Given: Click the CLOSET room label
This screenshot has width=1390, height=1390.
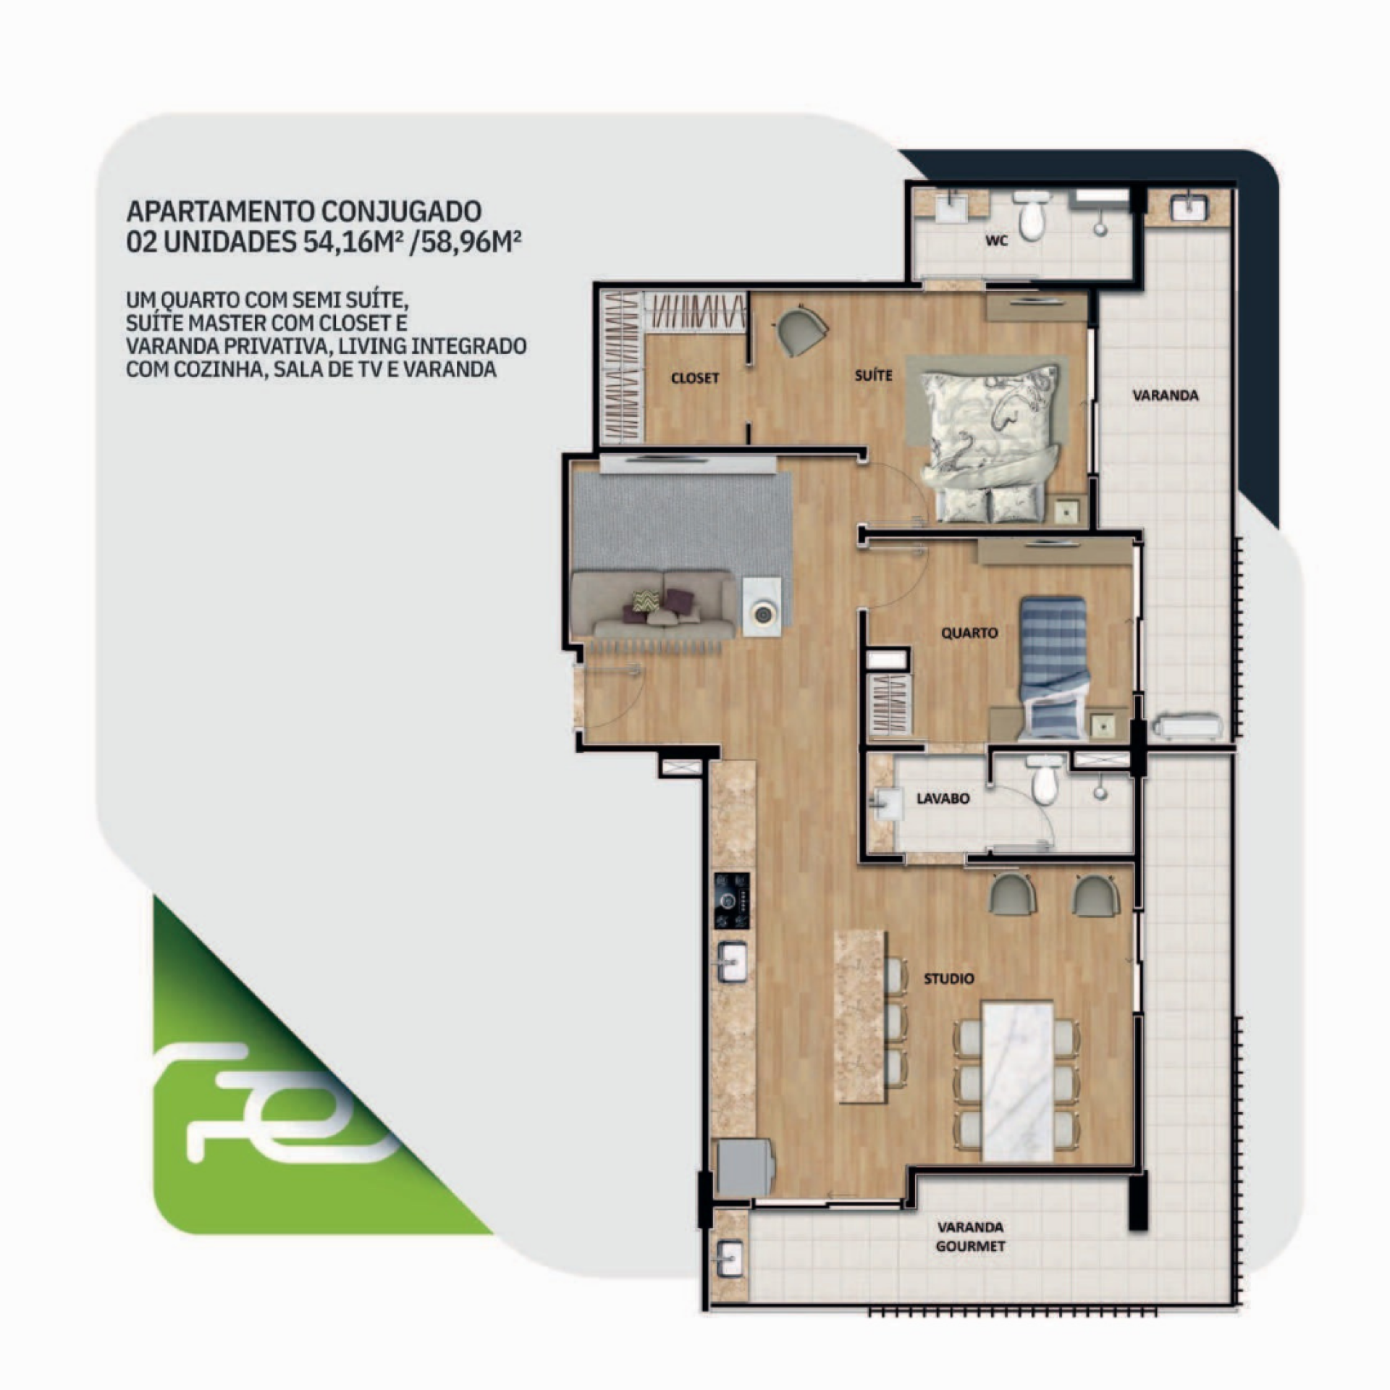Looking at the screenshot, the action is (695, 378).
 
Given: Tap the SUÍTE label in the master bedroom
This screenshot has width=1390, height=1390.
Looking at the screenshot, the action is (873, 375).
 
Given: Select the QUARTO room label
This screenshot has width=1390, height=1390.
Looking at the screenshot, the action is (969, 633).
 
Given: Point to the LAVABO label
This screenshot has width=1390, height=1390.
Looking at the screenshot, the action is (943, 799).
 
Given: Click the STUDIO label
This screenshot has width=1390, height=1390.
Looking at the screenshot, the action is (948, 979).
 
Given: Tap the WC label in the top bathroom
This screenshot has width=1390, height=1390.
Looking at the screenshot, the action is (996, 241).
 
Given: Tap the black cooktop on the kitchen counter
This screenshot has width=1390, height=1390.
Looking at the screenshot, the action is (732, 901).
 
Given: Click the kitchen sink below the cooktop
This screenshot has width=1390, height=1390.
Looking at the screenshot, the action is (733, 961).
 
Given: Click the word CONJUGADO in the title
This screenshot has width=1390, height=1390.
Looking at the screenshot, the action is (402, 211).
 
